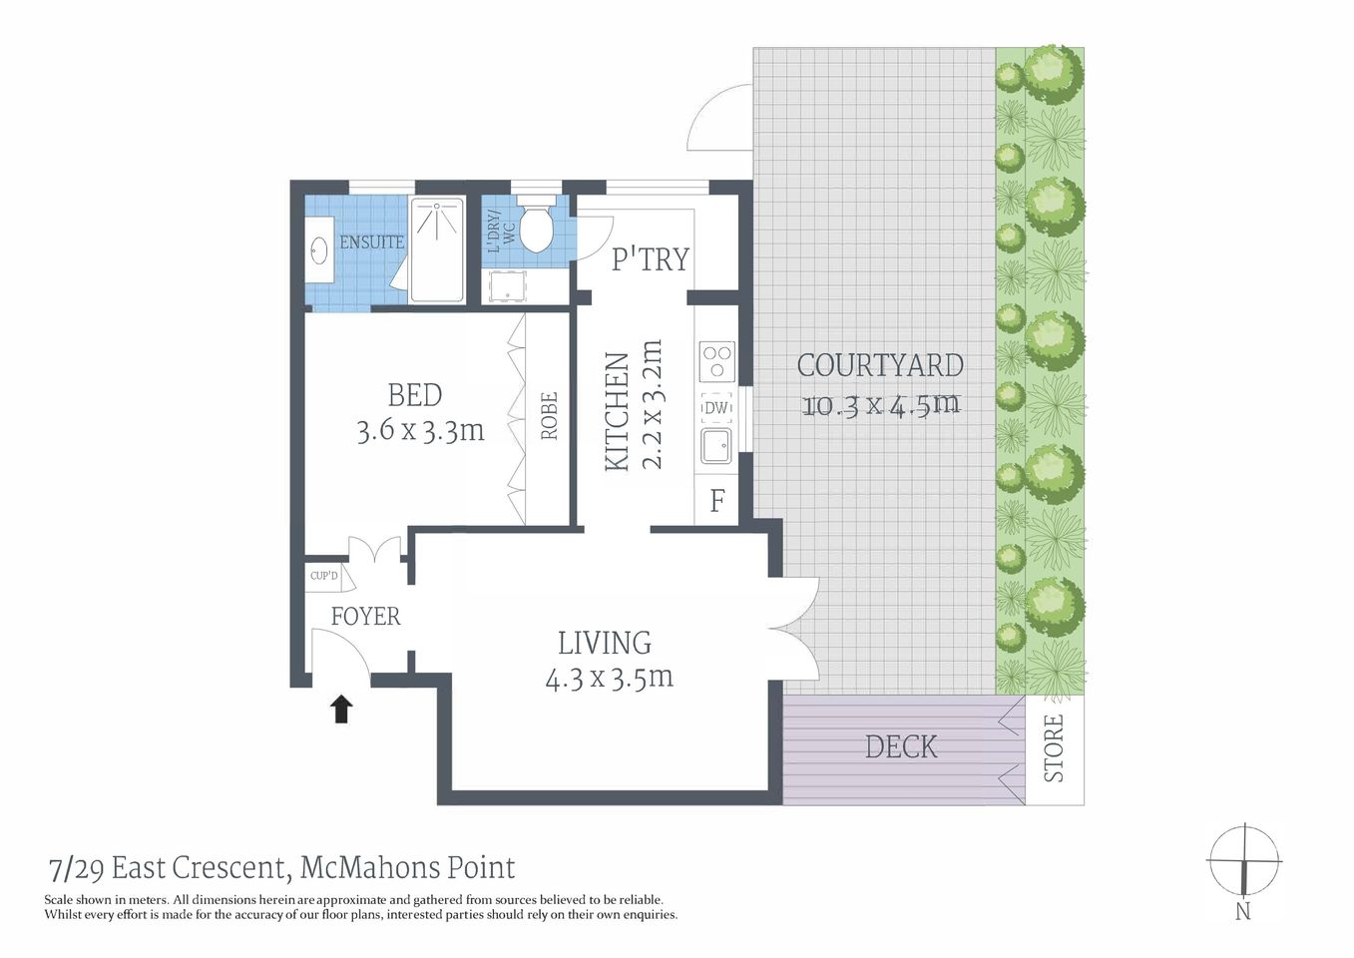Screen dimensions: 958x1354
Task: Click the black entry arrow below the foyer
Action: coord(341,709)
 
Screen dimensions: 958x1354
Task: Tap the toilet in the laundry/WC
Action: coord(536,228)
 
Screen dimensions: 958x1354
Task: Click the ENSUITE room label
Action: coord(371,242)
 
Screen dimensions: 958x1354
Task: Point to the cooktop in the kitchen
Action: coord(716,361)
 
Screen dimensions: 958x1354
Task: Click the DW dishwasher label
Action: coord(716,408)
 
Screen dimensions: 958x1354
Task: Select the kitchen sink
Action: coord(715,446)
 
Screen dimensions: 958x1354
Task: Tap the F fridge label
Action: coord(716,501)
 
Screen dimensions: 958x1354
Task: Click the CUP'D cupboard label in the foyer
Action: coord(323,576)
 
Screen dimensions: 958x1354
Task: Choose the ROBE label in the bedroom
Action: coord(549,416)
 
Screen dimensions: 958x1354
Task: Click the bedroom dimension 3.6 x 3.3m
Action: coord(420,431)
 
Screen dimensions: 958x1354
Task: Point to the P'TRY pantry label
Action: coord(650,259)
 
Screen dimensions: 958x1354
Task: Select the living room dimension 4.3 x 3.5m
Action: coord(609,679)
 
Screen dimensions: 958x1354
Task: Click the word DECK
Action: coord(901,747)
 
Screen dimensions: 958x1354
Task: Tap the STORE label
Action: coord(1054,748)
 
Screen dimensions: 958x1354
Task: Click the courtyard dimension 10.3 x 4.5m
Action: coord(880,405)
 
